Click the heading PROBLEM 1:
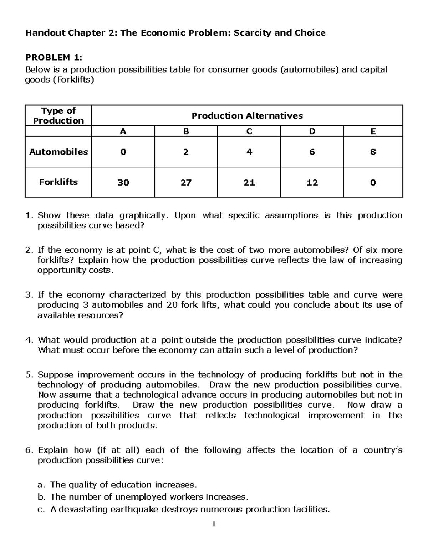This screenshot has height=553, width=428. point(53,57)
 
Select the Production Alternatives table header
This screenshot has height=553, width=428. point(247,116)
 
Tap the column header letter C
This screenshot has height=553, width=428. point(249,132)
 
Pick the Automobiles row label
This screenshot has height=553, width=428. point(58,152)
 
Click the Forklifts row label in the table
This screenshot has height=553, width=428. point(58,182)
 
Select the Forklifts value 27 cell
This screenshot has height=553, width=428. point(186,183)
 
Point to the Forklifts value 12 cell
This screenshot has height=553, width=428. point(312,183)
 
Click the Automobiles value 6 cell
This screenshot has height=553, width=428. point(312,152)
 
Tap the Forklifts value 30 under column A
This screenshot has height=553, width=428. point(123,183)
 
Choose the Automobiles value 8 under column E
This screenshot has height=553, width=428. point(373,152)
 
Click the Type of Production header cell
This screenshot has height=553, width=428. point(58,116)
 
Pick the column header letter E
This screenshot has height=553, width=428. point(373,132)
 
